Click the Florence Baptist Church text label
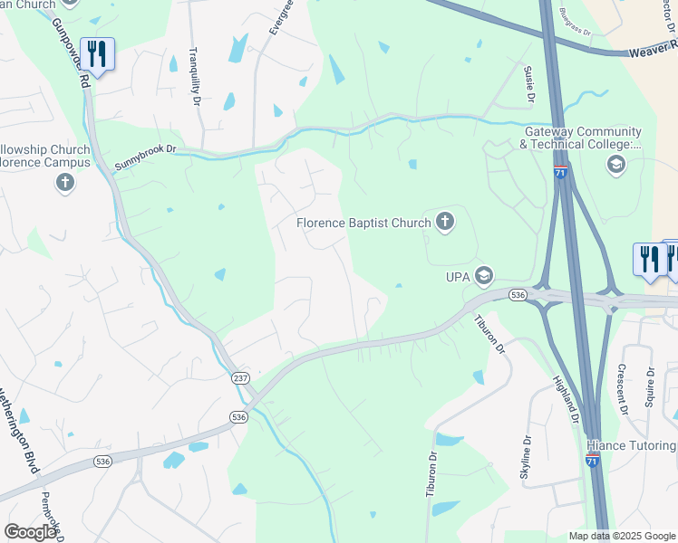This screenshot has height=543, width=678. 364,222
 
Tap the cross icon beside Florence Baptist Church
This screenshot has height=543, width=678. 444,221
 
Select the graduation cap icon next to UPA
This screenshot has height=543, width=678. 484,275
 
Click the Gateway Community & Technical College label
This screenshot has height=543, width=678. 582,138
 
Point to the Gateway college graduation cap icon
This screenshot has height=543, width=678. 616,165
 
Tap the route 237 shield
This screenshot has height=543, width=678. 240,378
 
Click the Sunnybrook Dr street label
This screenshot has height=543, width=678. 145,159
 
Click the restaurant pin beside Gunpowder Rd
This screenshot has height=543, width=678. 96,53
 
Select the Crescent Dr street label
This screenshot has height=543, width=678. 623,388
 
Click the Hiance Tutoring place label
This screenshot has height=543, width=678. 631,446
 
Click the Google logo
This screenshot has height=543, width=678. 30,532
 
